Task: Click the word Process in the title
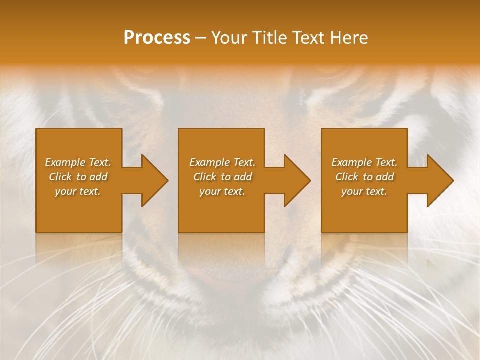click(157, 38)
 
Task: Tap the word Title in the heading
click(270, 38)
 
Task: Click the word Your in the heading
click(230, 38)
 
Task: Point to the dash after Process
click(201, 38)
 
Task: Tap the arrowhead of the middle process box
click(297, 180)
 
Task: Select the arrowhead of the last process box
click(439, 180)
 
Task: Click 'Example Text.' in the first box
click(78, 162)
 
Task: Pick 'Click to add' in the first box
click(78, 177)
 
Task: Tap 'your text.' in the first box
click(78, 191)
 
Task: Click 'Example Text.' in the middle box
click(222, 162)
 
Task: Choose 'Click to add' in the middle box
click(222, 177)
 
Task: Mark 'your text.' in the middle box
click(222, 191)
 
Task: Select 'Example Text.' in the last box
click(364, 162)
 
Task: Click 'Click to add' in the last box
click(364, 177)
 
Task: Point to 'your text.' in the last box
click(364, 191)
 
